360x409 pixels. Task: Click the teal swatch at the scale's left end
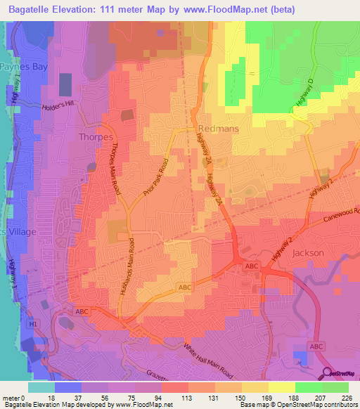(41, 387)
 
